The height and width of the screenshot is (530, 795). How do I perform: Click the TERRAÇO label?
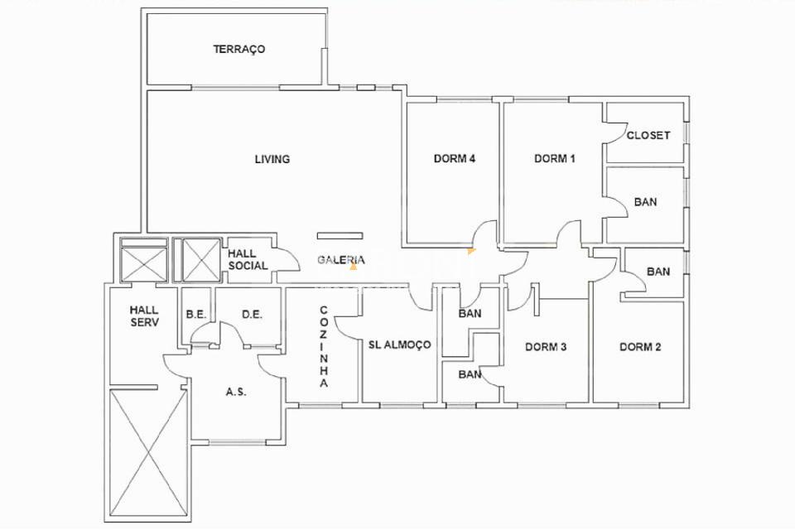[x=238, y=49]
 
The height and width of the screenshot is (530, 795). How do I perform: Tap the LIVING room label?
[x=272, y=159]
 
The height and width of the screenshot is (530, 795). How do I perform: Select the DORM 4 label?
[x=454, y=159]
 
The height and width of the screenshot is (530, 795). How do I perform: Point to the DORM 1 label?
[x=554, y=159]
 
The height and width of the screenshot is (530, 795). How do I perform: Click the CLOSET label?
[x=648, y=135]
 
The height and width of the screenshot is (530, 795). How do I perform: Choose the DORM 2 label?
[x=640, y=347]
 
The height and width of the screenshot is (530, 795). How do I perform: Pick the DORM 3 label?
[x=546, y=347]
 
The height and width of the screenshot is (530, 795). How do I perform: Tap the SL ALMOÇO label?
[x=399, y=344]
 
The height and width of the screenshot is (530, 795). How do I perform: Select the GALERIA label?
[x=341, y=260]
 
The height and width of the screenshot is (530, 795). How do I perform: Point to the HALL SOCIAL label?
[x=248, y=260]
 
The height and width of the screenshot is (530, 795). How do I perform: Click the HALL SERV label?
[x=143, y=316]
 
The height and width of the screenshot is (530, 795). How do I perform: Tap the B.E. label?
[x=195, y=315]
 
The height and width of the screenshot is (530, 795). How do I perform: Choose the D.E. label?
[x=252, y=315]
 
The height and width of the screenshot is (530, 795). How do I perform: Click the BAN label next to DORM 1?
[x=645, y=202]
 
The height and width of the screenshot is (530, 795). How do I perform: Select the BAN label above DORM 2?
[x=658, y=272]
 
